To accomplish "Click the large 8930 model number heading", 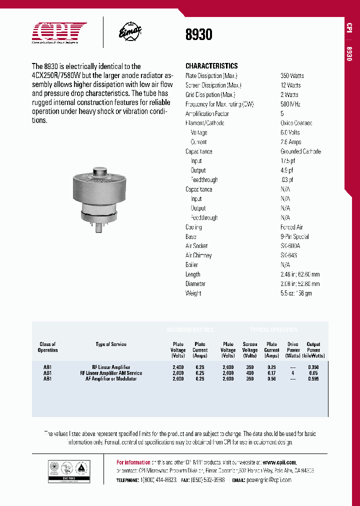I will click(199, 34).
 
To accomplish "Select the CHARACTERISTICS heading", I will click(211, 66).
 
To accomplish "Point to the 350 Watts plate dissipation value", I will click(292, 75).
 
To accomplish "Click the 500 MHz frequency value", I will click(290, 104).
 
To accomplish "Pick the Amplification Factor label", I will click(207, 113).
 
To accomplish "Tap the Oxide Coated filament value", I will click(296, 123).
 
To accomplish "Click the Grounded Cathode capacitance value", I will click(300, 151).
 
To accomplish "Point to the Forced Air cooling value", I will click(291, 227).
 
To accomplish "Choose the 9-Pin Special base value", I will click(294, 236).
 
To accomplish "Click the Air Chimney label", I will click(198, 255).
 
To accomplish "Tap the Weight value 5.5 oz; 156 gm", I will click(296, 293).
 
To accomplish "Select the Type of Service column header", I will click(111, 344).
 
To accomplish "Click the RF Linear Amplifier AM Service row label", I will click(111, 373).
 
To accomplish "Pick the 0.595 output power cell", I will click(313, 378).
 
